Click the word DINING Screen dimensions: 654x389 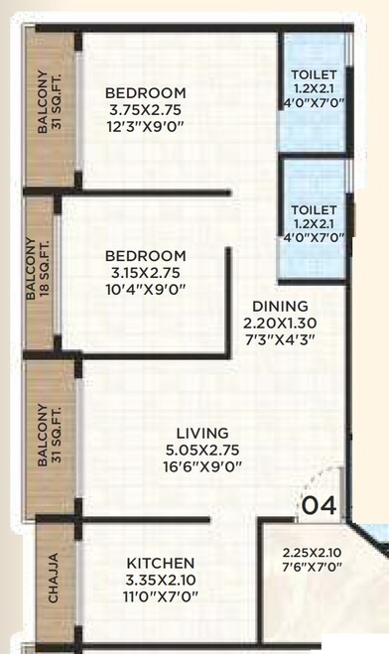280,307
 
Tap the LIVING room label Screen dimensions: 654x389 202,434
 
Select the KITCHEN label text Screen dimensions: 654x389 161,564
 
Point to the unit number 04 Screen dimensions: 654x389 320,505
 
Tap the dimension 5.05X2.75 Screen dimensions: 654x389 202,451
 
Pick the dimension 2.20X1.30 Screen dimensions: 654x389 280,323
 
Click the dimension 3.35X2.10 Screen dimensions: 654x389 161,581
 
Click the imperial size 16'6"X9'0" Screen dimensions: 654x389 202,467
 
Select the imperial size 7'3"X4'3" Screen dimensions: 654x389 280,339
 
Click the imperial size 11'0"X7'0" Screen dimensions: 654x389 161,597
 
